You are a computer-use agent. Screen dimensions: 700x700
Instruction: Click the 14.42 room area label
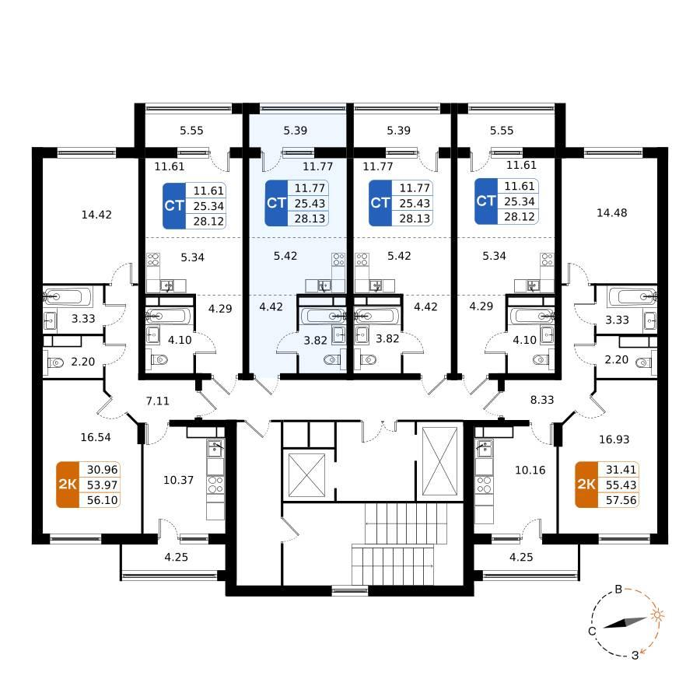pyautogui.click(x=96, y=215)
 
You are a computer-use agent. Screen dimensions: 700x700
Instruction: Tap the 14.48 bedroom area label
pyautogui.click(x=611, y=213)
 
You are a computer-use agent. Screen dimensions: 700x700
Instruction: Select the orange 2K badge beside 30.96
pyautogui.click(x=68, y=485)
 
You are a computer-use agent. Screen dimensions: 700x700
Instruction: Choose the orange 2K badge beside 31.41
pyautogui.click(x=586, y=485)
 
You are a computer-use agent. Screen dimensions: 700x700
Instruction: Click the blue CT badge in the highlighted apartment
pyautogui.click(x=276, y=203)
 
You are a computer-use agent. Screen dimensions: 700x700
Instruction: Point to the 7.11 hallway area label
pyautogui.click(x=158, y=401)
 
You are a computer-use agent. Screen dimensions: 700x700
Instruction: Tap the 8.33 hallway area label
pyautogui.click(x=542, y=400)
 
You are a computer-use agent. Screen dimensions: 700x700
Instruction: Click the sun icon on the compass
pyautogui.click(x=656, y=615)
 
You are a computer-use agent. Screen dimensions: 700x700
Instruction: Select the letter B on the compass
pyautogui.click(x=618, y=590)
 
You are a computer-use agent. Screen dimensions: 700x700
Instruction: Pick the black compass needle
pyautogui.click(x=625, y=623)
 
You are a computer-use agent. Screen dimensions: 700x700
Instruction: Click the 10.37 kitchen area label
pyautogui.click(x=179, y=481)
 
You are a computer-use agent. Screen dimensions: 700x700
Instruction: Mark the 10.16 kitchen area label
pyautogui.click(x=530, y=470)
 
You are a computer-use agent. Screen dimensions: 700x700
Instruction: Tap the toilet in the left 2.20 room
pyautogui.click(x=55, y=362)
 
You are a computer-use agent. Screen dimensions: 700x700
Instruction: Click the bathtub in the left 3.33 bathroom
pyautogui.click(x=68, y=296)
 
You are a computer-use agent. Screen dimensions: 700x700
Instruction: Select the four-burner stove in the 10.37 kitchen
pyautogui.click(x=215, y=485)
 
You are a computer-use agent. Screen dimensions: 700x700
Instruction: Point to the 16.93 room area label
pyautogui.click(x=614, y=439)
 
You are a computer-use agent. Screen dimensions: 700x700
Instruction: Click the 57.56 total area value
pyautogui.click(x=621, y=500)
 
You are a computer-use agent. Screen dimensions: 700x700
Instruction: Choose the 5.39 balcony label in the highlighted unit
pyautogui.click(x=295, y=131)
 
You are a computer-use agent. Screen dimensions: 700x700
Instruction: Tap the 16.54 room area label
pyautogui.click(x=96, y=437)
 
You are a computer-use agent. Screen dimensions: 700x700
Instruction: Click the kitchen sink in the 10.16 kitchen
pyautogui.click(x=484, y=448)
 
